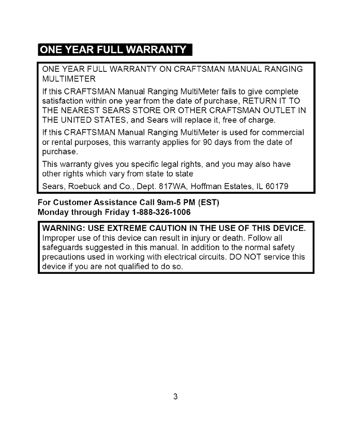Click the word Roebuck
tap(82, 185)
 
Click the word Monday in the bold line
tap(56, 212)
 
